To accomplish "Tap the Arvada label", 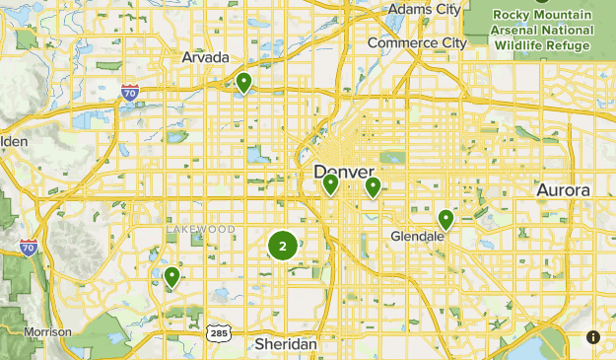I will (205, 57).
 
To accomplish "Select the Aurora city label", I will (563, 189).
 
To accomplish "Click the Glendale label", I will (418, 238).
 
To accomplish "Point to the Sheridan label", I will (286, 344).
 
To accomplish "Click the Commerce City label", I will (417, 42).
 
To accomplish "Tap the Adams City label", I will (424, 9).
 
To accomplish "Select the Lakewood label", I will (200, 229).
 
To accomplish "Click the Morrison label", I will (47, 332).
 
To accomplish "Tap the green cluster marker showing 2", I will (283, 246).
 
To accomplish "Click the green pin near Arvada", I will (243, 82).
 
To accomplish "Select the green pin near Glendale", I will (445, 218).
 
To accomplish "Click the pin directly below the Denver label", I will (331, 183).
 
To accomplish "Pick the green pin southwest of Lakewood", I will (172, 276).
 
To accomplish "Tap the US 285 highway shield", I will (218, 332).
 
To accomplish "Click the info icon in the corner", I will (593, 337).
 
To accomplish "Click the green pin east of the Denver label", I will (373, 186).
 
